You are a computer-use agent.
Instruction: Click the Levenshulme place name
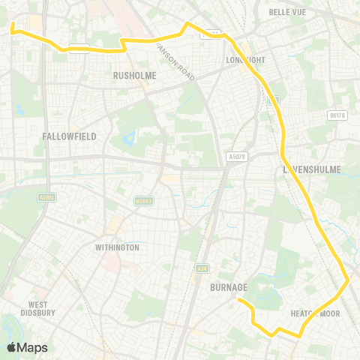point(311,170)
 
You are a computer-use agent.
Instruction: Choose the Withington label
point(117,247)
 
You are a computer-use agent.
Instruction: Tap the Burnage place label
point(229,286)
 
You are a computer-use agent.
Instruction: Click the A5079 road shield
point(236,157)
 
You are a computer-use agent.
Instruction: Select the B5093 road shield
point(143,201)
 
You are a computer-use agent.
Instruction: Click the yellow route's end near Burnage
point(239,301)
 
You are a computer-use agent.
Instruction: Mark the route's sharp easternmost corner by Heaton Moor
point(348,281)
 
